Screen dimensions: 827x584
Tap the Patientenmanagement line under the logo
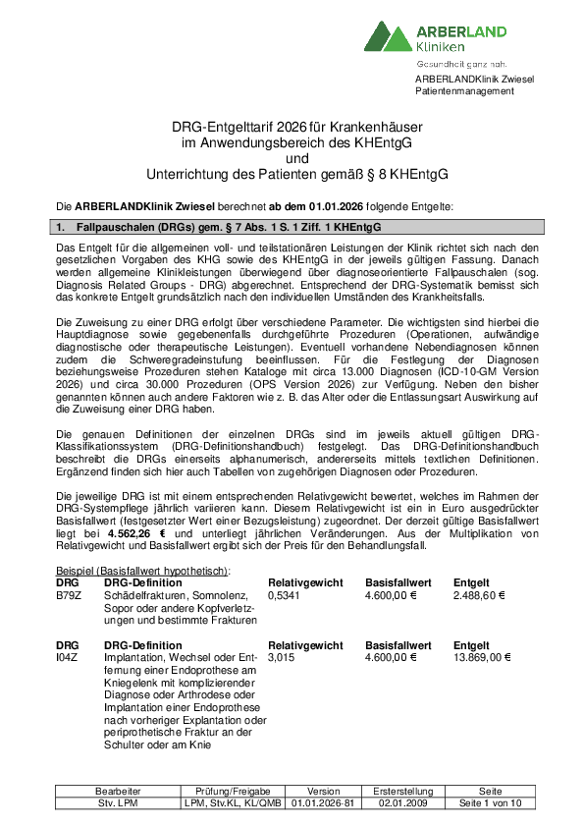(464, 91)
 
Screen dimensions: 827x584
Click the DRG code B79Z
(68, 594)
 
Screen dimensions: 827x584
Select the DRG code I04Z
(68, 657)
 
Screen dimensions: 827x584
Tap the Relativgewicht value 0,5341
(284, 594)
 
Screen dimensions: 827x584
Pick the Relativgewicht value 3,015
(281, 657)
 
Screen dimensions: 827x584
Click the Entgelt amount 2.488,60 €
(479, 594)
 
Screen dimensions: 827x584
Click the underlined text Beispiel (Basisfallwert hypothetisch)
(142, 571)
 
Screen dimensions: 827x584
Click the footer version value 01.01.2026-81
(323, 802)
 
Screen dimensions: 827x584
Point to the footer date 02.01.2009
(404, 802)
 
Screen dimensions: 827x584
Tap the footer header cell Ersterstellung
(404, 791)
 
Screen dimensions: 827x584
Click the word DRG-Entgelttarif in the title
(218, 127)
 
